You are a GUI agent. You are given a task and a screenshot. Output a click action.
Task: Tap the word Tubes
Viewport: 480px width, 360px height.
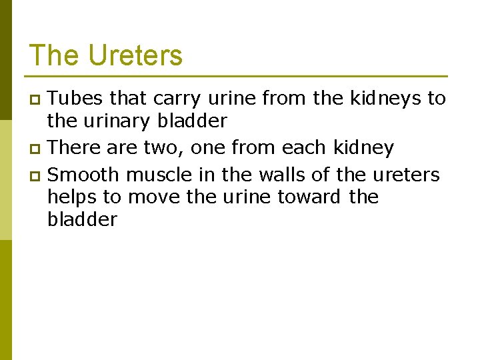pyautogui.click(x=75, y=99)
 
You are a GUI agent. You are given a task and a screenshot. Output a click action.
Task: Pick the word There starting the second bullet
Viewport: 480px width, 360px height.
pyautogui.click(x=75, y=147)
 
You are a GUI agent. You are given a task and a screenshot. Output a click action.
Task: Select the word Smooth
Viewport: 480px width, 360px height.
pyautogui.click(x=84, y=175)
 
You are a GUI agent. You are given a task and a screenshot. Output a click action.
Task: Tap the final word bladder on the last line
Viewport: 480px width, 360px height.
pyautogui.click(x=83, y=220)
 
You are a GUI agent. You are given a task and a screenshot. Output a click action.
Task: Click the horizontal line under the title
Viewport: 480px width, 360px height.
pyautogui.click(x=238, y=76)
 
